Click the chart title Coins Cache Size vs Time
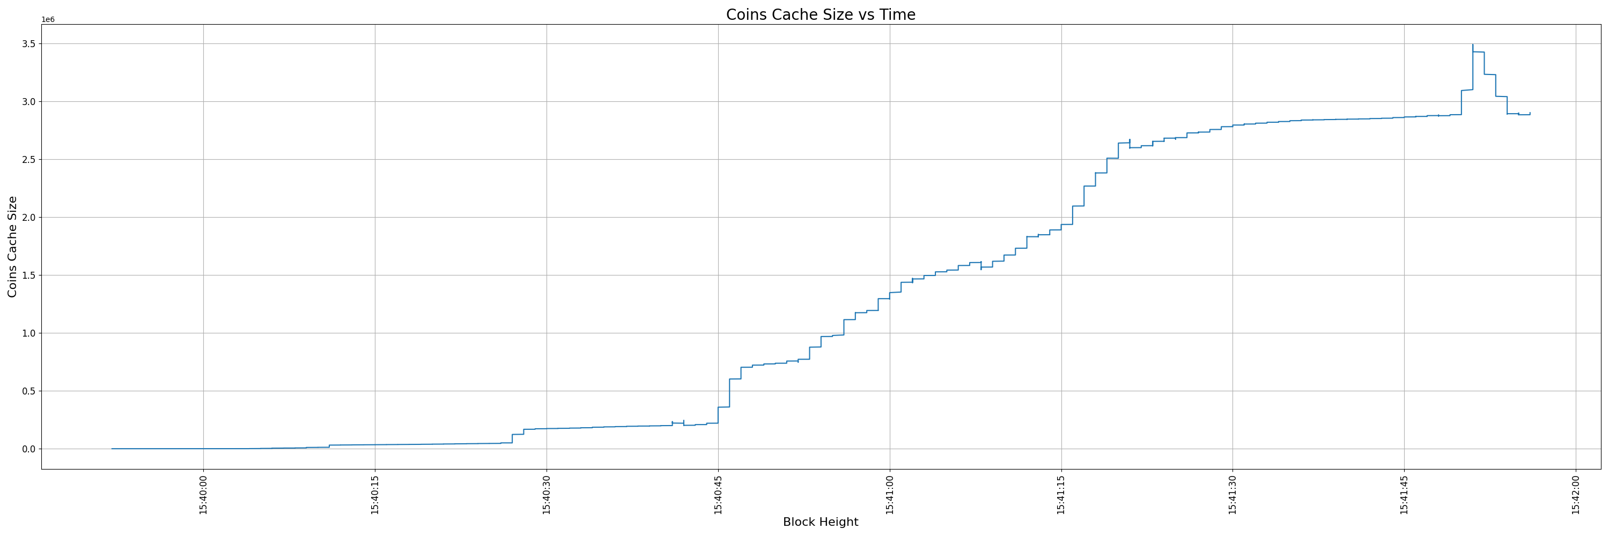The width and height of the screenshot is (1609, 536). [x=820, y=14]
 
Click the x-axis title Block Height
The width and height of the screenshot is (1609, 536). [x=820, y=522]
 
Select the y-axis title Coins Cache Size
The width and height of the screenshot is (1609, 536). [x=12, y=247]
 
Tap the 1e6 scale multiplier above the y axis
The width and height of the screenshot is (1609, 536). [x=48, y=20]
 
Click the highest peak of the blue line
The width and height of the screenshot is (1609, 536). [x=1473, y=45]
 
